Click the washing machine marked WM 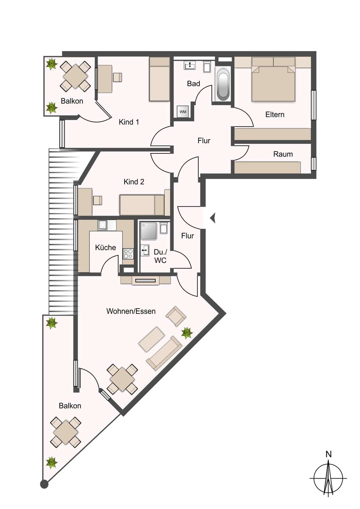point(183,112)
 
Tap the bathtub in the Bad point(223,84)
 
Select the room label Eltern point(274,115)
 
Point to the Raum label point(283,154)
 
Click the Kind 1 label point(129,122)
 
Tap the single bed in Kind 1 point(159,79)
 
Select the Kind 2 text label point(134,182)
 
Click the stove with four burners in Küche point(128,253)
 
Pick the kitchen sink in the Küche point(103,225)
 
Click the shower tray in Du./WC point(149,231)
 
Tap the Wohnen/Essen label point(131,311)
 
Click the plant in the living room point(186,333)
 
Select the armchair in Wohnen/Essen point(176,316)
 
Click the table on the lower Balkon point(66,432)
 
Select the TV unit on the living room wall point(145,281)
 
